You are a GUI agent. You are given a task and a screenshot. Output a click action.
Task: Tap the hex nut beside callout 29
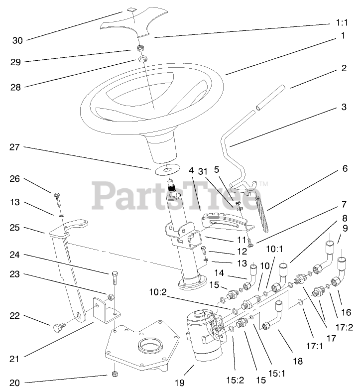(x=141, y=49)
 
